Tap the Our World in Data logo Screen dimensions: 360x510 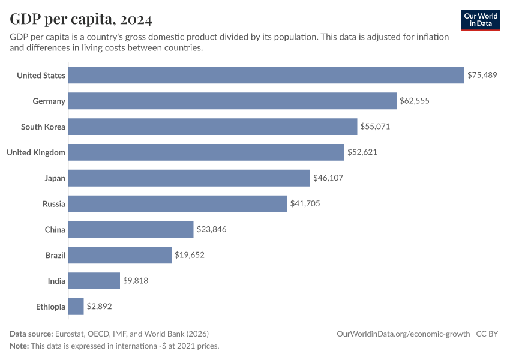click(481, 20)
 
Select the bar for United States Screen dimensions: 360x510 click(266, 75)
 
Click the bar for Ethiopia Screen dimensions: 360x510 click(76, 307)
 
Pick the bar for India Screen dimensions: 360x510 click(94, 281)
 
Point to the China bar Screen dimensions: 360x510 click(131, 229)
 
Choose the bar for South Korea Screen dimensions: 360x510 click(212, 127)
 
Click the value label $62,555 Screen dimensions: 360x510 click(415, 101)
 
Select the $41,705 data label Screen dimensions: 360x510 click(305, 204)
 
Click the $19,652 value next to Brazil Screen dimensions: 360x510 click(190, 255)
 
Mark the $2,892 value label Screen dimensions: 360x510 click(100, 307)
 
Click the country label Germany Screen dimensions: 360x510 click(49, 101)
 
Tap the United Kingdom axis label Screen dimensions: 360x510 click(36, 152)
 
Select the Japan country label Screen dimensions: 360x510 click(55, 178)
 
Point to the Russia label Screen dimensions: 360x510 click(53, 204)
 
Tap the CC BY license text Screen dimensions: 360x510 click(488, 334)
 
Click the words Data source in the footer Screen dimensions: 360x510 click(31, 334)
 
